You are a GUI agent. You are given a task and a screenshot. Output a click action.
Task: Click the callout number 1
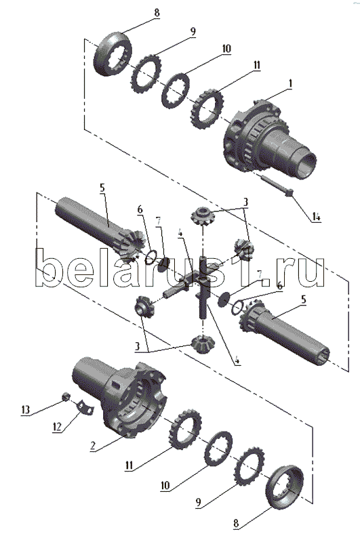point(291,83)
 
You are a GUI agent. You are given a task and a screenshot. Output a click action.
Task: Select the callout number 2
point(92,446)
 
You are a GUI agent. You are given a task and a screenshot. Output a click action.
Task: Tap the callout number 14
point(317,217)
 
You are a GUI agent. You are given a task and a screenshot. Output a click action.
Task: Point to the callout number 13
point(26,410)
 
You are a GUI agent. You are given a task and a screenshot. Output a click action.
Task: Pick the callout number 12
point(57,427)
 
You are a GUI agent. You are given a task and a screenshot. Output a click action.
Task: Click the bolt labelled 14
point(277,185)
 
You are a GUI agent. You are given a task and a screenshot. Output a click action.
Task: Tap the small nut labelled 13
point(65,396)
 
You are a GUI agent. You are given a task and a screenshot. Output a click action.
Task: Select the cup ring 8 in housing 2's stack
point(284,487)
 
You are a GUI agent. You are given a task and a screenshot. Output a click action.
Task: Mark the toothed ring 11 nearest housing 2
point(186,430)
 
